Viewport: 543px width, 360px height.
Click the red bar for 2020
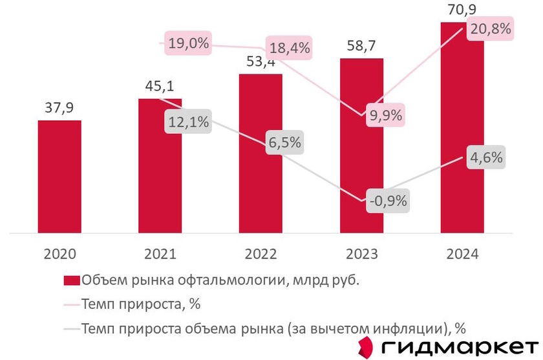click(x=59, y=176)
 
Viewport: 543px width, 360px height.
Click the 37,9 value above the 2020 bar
click(x=59, y=107)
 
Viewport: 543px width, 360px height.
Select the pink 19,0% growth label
click(x=188, y=44)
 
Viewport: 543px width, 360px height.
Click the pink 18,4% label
click(x=289, y=48)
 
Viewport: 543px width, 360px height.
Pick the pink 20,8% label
click(x=489, y=28)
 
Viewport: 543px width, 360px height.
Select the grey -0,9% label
click(x=387, y=200)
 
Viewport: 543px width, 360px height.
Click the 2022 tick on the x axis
click(x=260, y=254)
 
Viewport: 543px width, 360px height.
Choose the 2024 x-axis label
click(x=462, y=254)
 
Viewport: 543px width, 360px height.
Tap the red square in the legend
click(x=71, y=280)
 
